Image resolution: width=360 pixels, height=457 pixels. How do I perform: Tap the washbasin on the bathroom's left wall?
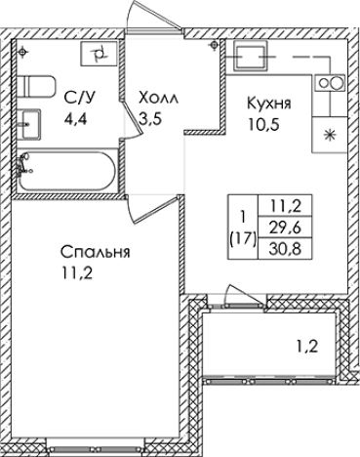pyautogui.click(x=29, y=124)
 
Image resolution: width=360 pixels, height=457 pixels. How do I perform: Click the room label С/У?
pyautogui.click(x=81, y=98)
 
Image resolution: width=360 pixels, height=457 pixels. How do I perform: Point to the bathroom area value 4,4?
pyautogui.click(x=76, y=122)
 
